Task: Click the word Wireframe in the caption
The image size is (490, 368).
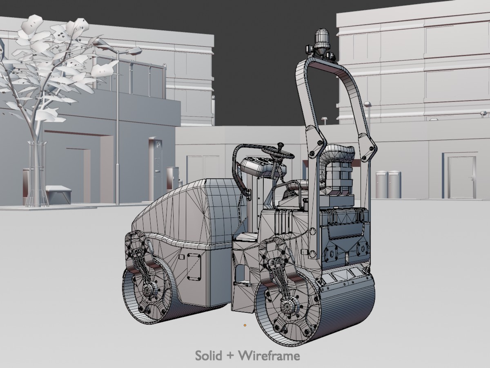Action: tap(269, 355)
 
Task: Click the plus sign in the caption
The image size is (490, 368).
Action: tap(230, 356)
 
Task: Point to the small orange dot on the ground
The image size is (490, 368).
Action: tap(245, 325)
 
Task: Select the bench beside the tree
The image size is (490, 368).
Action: tap(59, 194)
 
